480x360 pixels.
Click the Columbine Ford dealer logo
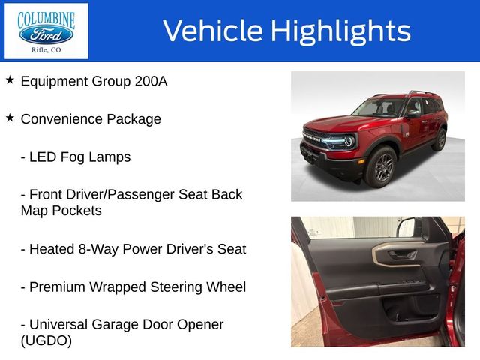[46, 31]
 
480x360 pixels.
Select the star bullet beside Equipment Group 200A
[10, 79]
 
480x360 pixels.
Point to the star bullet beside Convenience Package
[10, 118]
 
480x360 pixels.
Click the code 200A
[149, 81]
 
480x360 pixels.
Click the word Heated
[52, 249]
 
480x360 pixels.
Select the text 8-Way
[103, 249]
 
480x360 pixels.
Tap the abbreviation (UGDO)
[46, 340]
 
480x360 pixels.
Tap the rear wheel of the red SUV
[439, 139]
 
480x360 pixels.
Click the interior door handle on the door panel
[400, 254]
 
